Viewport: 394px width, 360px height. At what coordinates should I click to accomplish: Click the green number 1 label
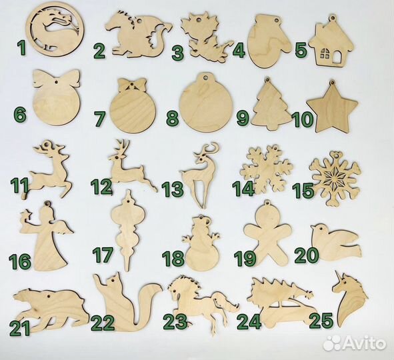22,48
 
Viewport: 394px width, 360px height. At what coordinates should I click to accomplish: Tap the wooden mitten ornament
269,39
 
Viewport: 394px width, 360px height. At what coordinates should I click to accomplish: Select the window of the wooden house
325,53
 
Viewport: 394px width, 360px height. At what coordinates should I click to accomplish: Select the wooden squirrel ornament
127,301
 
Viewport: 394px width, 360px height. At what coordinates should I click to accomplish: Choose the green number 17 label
103,255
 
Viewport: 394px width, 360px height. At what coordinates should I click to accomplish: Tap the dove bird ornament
335,243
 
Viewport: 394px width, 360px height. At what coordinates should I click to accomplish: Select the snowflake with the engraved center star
336,179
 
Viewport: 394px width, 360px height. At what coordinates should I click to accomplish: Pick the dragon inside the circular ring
55,31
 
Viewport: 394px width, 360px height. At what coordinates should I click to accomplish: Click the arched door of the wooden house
336,57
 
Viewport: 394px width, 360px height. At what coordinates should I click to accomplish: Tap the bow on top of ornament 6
57,79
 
